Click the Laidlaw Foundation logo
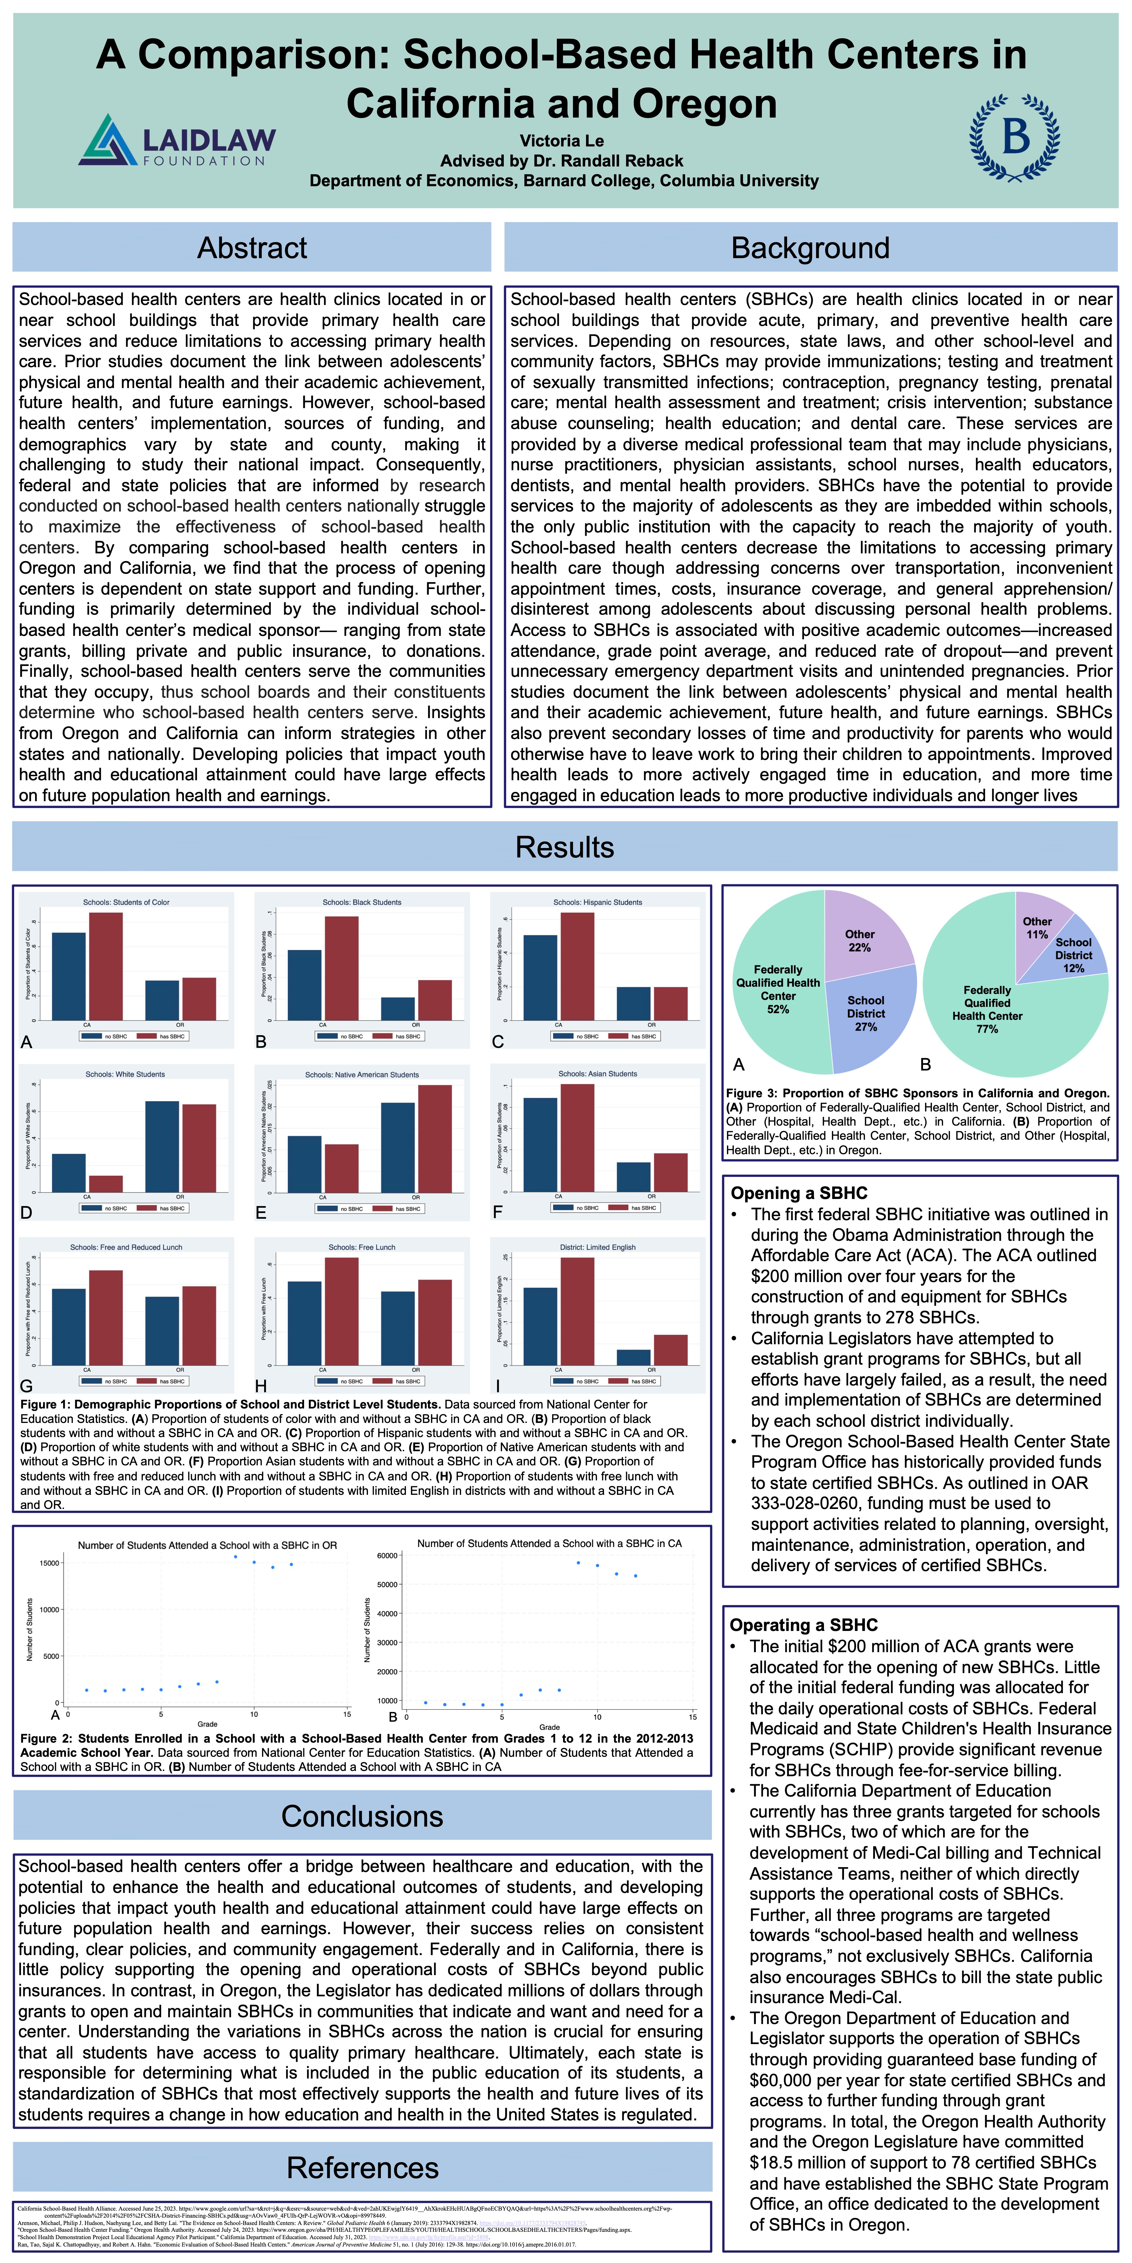(177, 141)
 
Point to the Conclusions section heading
(362, 1816)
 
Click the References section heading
(362, 2167)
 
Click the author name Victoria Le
(562, 141)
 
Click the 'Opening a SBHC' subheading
(799, 1193)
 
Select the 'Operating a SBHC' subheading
(803, 1625)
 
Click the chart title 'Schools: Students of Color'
(126, 902)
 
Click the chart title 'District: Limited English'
(598, 1248)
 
